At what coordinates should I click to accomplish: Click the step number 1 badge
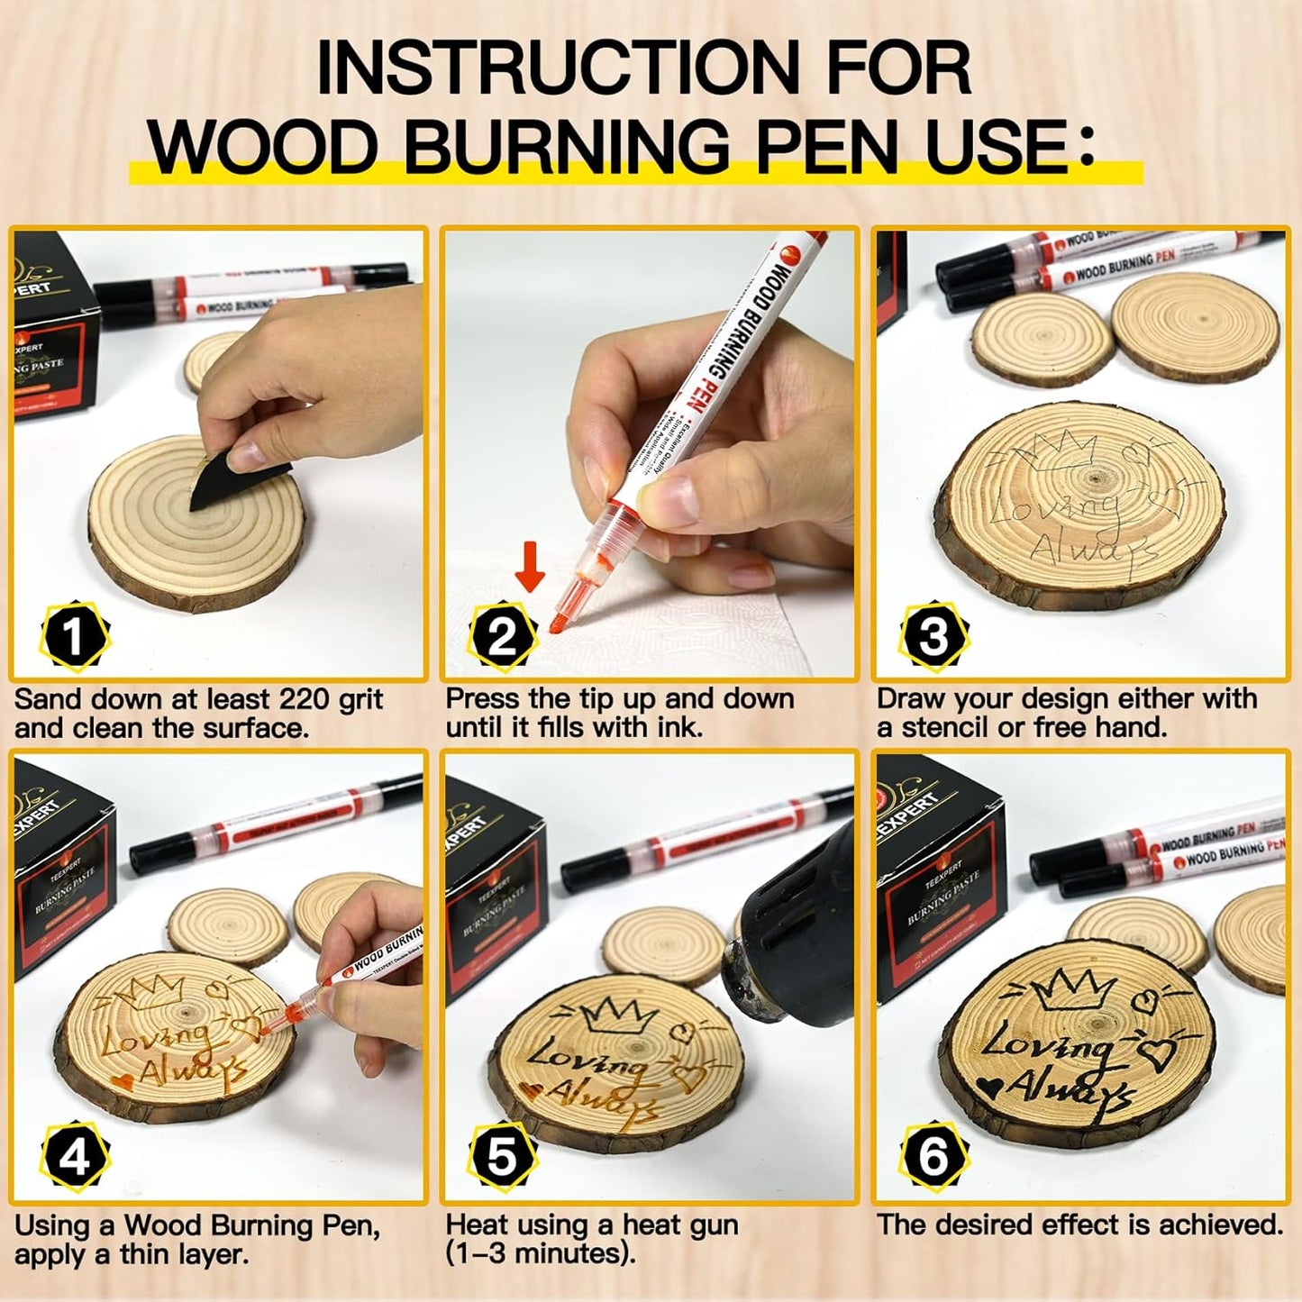[75, 636]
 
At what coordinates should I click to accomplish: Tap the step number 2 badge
[503, 636]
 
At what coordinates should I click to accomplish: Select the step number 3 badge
[933, 636]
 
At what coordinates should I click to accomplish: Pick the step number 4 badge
[75, 1157]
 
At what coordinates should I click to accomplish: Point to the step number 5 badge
[503, 1157]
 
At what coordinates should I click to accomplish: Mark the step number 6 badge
[933, 1157]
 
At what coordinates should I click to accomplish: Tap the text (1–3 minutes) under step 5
[540, 1253]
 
